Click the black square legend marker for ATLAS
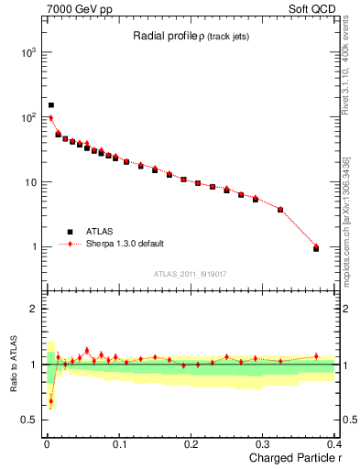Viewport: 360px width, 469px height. point(69,232)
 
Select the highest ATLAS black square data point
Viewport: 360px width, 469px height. point(51,105)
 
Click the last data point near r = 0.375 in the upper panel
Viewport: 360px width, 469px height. point(316,248)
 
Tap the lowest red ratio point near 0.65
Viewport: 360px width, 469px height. point(51,400)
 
